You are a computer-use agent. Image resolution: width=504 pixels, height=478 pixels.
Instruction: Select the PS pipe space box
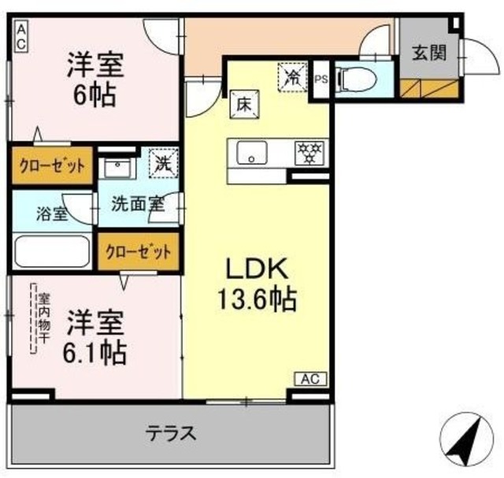[x=321, y=80]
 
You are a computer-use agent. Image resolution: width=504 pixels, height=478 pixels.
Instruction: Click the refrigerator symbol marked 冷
[x=292, y=77]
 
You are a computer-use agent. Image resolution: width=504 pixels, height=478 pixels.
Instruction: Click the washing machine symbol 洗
[x=163, y=166]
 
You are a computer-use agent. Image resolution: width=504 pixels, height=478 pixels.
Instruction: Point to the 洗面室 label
[x=135, y=203]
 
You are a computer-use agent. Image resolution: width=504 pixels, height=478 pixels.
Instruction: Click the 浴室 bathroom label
[x=54, y=213]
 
